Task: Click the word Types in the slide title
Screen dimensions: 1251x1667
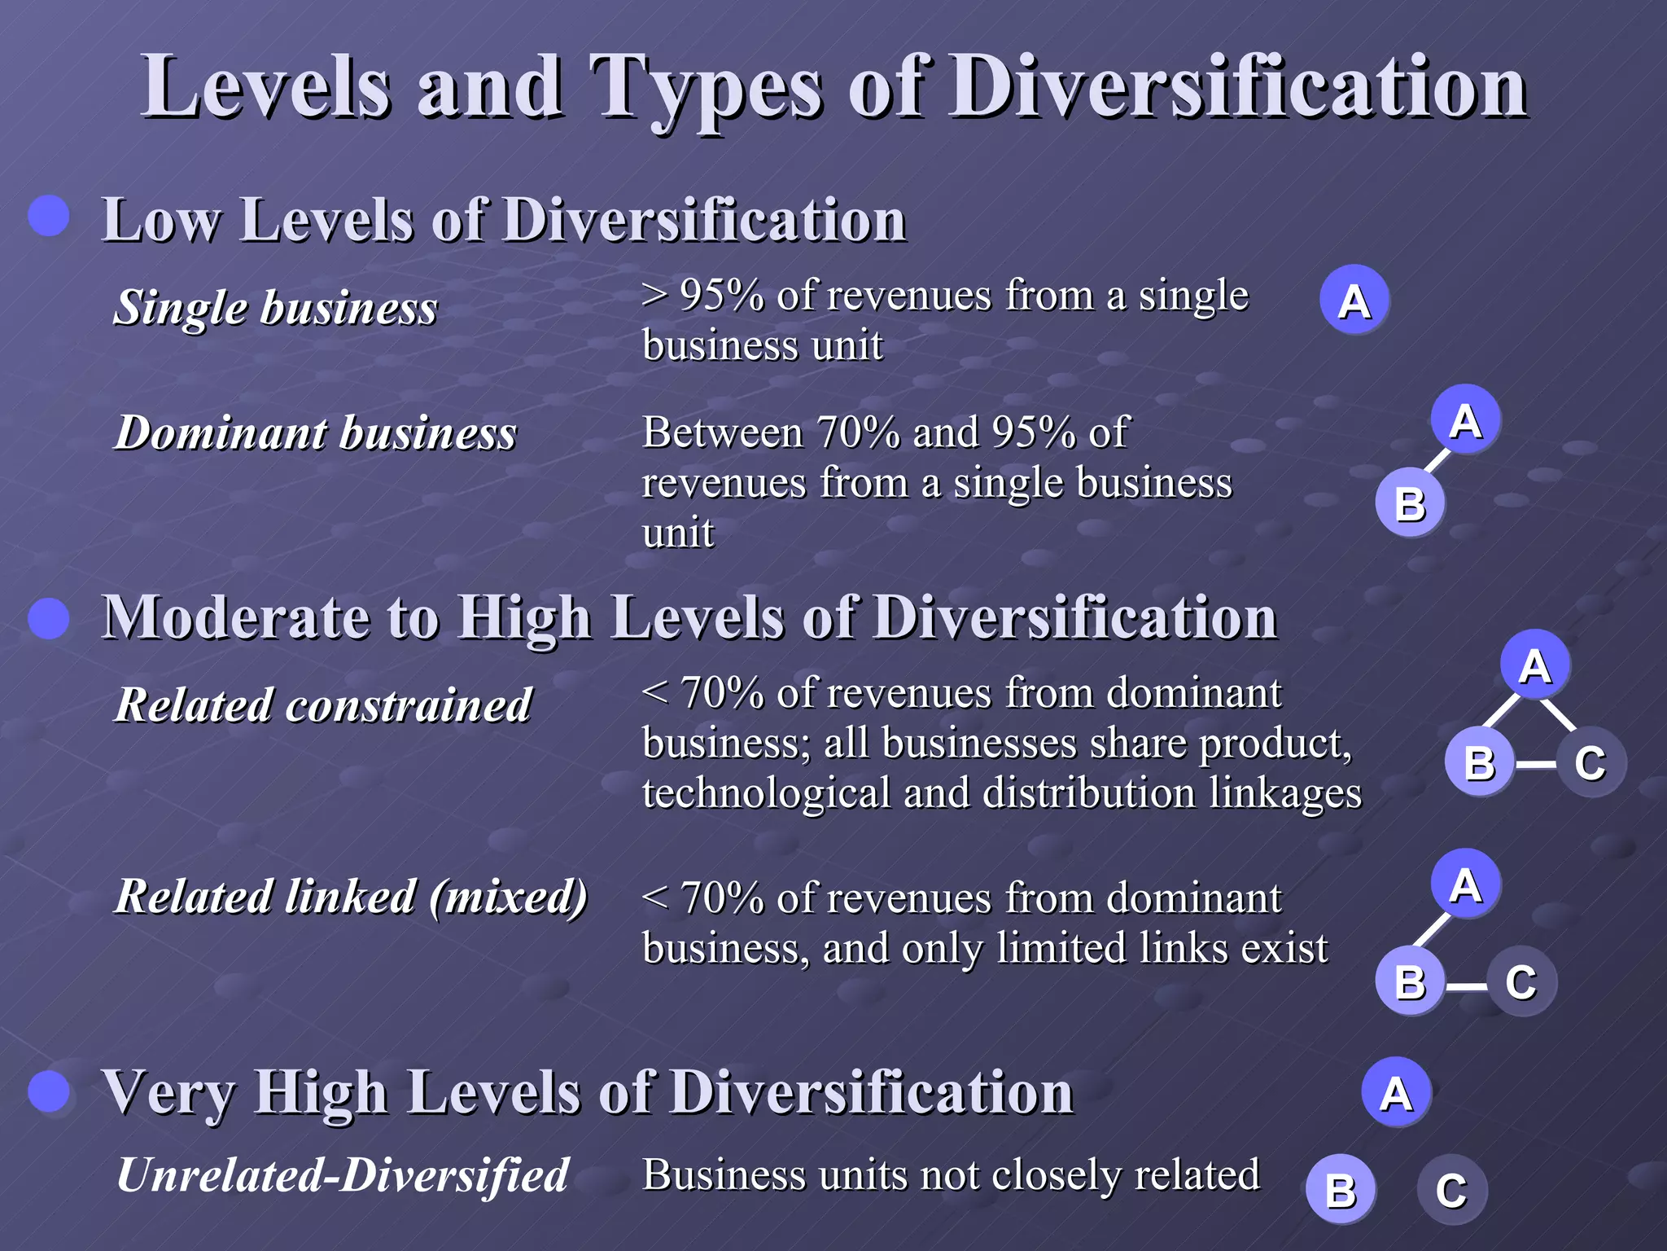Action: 706,88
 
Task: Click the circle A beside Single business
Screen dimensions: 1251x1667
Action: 1354,301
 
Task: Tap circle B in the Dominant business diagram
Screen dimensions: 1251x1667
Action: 1410,503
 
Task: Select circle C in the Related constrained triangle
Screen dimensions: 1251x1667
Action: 1590,762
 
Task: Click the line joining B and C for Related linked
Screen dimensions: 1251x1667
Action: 1466,986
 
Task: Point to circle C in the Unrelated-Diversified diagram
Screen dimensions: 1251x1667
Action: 1451,1190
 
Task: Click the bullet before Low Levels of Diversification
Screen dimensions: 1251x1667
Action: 49,216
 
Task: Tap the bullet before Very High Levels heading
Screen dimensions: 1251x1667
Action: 49,1091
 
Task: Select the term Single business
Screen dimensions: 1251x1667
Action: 275,308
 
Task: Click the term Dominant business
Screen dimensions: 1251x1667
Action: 315,432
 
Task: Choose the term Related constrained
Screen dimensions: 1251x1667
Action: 322,705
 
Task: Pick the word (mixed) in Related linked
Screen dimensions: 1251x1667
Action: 508,897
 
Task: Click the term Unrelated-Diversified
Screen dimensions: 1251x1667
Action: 342,1175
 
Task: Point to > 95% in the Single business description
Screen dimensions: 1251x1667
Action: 702,295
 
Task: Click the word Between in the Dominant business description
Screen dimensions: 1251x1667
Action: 722,432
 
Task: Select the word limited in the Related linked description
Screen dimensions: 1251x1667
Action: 1061,948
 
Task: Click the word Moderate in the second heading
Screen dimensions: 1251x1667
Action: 234,617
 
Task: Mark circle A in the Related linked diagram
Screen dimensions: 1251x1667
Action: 1465,884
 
